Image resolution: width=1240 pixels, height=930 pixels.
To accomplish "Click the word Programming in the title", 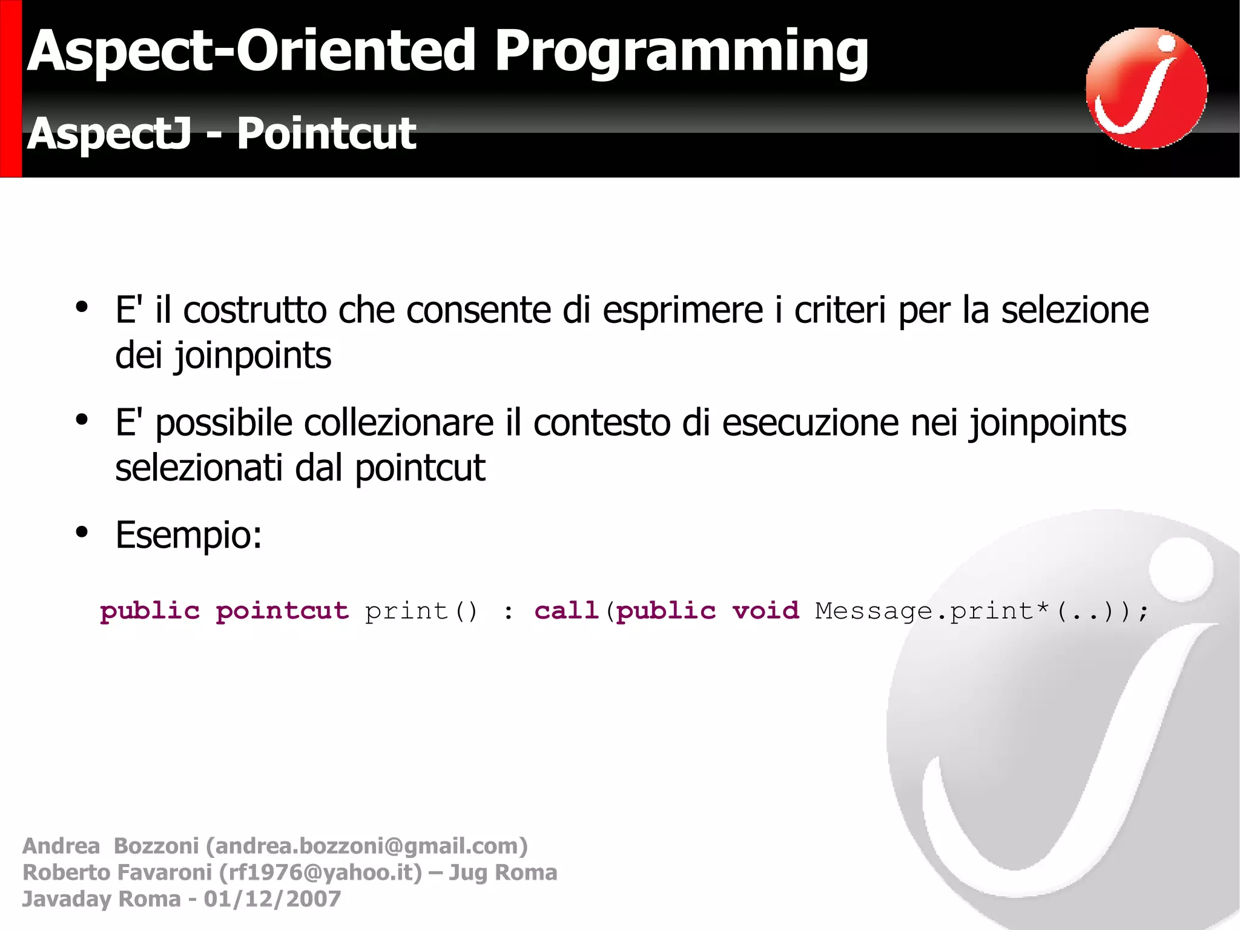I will [681, 53].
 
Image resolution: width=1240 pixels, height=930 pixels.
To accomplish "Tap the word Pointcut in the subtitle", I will [326, 133].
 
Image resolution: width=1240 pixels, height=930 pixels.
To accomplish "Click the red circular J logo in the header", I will [1146, 88].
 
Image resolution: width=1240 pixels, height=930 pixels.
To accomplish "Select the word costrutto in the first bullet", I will [255, 310].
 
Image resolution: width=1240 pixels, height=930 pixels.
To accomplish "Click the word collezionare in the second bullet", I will [398, 423].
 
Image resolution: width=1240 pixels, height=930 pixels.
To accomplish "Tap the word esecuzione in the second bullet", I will [810, 423].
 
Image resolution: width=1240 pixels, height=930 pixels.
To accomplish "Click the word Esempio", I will [188, 536].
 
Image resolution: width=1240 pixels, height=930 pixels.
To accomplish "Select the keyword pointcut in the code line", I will [282, 611].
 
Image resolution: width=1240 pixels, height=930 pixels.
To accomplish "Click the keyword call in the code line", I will [566, 611].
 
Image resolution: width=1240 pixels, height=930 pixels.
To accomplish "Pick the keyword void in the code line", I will [765, 611].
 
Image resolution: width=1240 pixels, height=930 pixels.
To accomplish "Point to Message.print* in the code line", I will [931, 611].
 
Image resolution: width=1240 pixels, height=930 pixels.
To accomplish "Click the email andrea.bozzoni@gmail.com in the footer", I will [366, 846].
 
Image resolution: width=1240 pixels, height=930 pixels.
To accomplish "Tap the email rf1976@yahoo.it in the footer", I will [320, 872].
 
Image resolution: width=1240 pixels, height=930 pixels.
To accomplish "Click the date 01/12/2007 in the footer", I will [272, 899].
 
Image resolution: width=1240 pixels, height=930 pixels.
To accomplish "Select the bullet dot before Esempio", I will [82, 533].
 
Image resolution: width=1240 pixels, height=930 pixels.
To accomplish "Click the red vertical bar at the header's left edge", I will [10, 88].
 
